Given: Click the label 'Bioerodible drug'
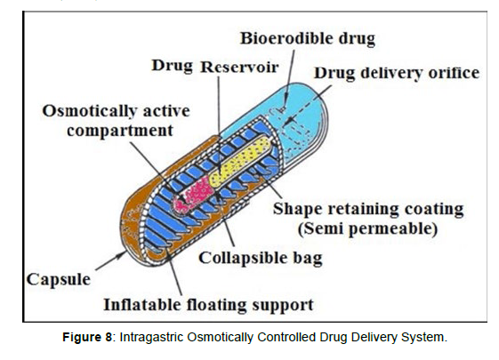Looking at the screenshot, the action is click(x=308, y=38).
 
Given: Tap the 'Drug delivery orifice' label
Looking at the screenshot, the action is click(x=397, y=73).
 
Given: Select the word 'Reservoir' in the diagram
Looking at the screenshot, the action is click(x=239, y=67).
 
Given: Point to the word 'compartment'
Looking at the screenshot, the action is click(x=120, y=131).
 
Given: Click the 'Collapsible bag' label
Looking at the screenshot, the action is click(x=261, y=258).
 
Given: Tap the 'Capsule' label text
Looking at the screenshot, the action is click(x=59, y=280).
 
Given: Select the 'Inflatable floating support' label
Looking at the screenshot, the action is click(x=209, y=305).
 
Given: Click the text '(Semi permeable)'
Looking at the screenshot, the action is click(x=367, y=228).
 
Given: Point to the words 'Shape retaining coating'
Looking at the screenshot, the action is click(x=368, y=209).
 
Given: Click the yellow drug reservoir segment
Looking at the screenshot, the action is click(x=240, y=161).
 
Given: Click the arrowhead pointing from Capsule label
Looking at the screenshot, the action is click(x=122, y=254).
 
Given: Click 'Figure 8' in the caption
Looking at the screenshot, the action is click(x=87, y=338).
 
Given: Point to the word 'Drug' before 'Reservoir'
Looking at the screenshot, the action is click(x=173, y=66).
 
